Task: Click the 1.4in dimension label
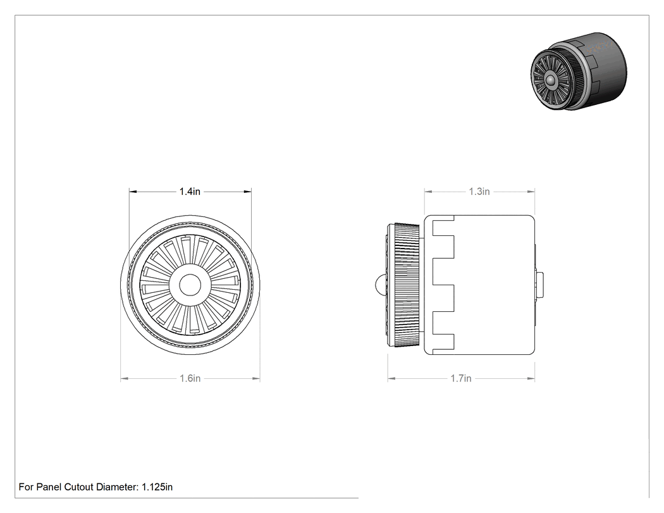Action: coord(190,192)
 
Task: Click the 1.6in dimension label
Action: coord(190,378)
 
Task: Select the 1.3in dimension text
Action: coord(479,192)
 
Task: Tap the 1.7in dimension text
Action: coord(461,378)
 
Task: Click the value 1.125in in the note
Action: coord(157,487)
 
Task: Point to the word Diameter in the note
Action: coord(117,487)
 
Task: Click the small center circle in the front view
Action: coord(190,285)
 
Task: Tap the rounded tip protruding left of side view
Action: coord(380,285)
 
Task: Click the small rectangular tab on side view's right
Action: coord(539,285)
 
